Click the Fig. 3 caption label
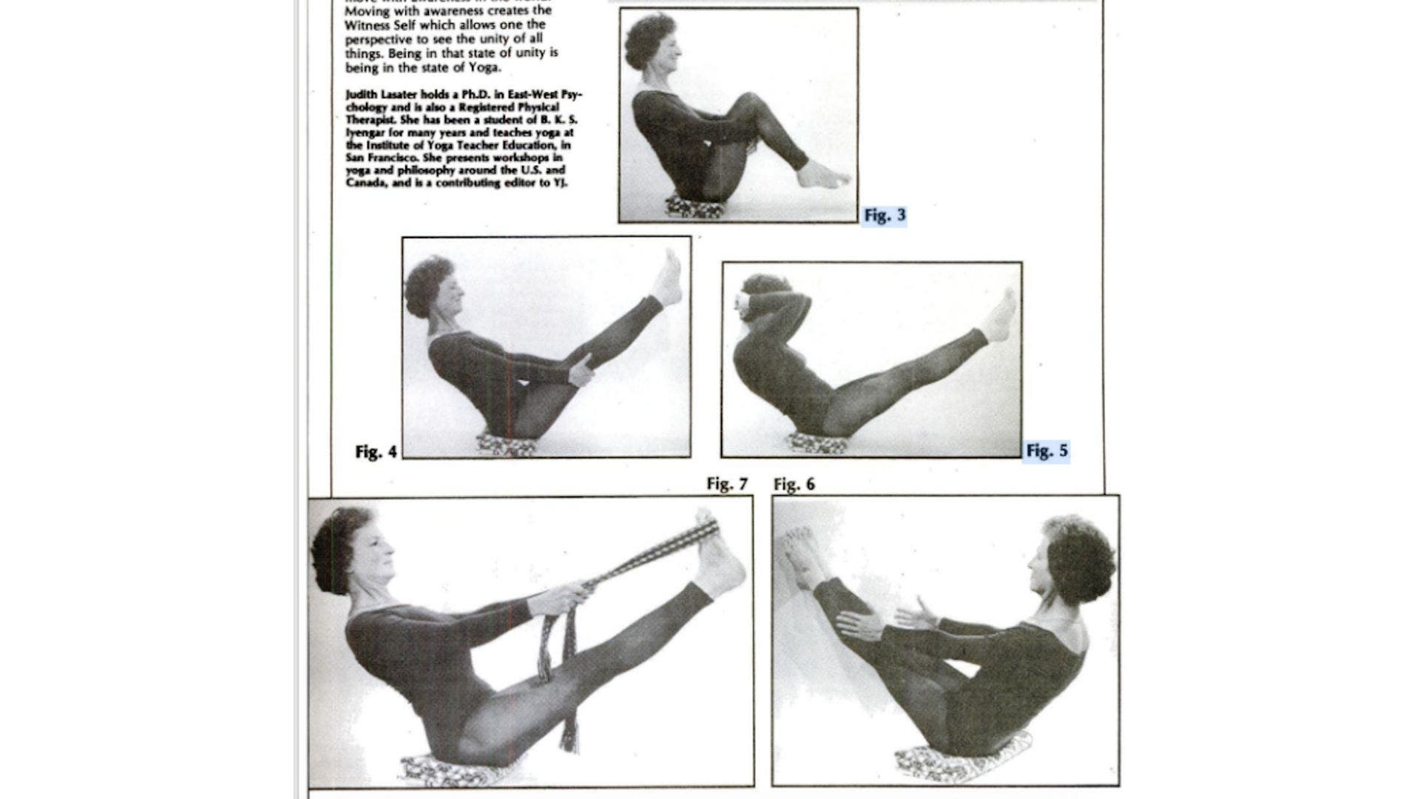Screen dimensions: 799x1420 885,215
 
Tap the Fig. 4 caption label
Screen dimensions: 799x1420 376,451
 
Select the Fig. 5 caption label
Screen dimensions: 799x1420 1047,451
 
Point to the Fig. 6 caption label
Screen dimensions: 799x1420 794,484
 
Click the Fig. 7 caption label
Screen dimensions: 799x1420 727,484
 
